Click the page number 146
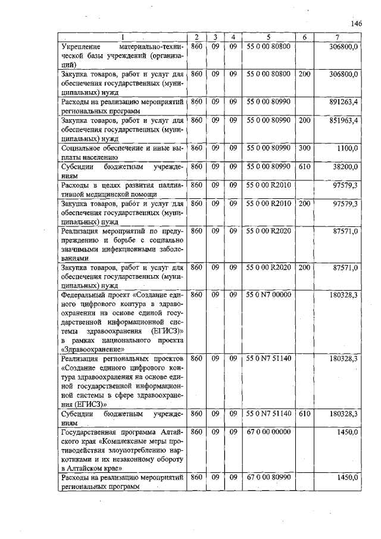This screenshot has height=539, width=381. click(x=357, y=23)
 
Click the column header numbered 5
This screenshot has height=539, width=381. click(x=268, y=37)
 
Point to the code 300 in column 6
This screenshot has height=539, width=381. click(x=304, y=148)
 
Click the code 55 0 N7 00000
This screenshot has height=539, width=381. click(x=268, y=294)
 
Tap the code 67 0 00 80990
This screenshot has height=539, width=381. click(x=268, y=477)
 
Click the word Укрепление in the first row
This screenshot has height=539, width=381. click(x=83, y=46)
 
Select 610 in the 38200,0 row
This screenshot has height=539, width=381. click(x=304, y=167)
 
